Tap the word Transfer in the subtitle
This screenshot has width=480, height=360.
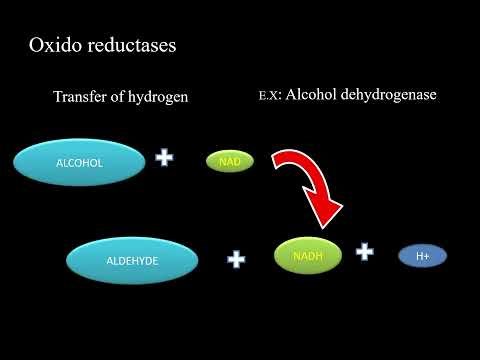83,98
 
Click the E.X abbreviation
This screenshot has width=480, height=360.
267,98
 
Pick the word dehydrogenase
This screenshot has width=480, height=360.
395,97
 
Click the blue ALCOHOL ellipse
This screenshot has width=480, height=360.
78,160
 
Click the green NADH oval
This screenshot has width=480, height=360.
307,255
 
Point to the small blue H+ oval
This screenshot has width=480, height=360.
422,256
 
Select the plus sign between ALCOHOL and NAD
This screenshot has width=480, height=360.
164,158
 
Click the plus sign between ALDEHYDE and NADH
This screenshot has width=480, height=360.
236,259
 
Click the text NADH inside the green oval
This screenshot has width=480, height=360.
307,256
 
